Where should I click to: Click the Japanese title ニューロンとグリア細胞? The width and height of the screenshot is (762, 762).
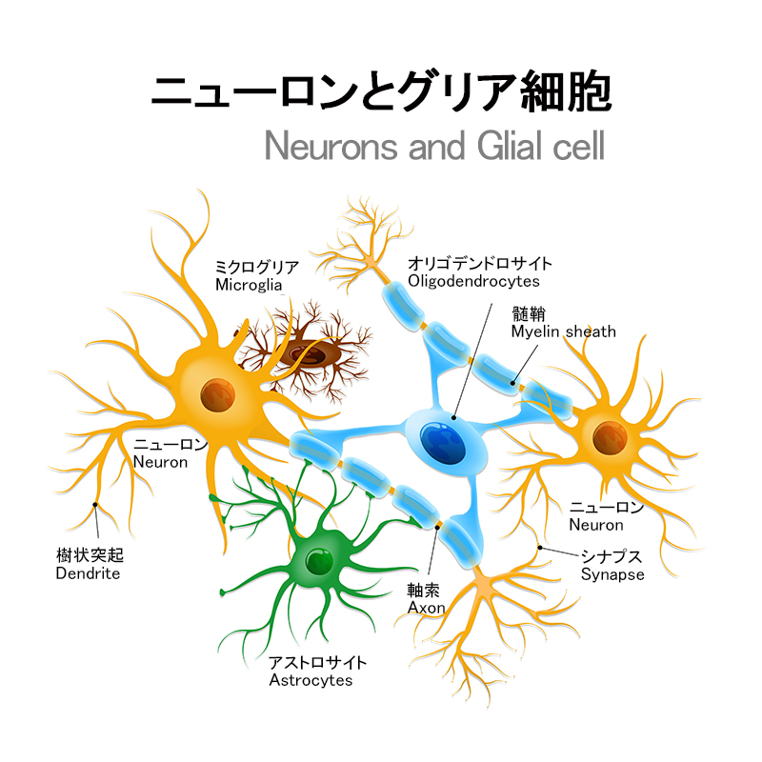[x=381, y=92]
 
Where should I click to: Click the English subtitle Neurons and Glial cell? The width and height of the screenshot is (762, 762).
[x=434, y=149]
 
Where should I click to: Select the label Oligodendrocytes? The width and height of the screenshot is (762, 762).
[x=473, y=281]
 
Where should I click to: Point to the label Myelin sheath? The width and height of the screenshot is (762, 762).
[x=563, y=331]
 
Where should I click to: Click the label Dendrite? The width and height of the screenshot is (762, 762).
[x=88, y=573]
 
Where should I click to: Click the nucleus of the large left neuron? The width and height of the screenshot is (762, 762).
[x=221, y=390]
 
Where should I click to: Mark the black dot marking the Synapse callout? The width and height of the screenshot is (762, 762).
[x=541, y=548]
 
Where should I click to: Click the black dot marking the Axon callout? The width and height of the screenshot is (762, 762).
[x=438, y=525]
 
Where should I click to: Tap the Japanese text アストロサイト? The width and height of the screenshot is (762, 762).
[x=317, y=663]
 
